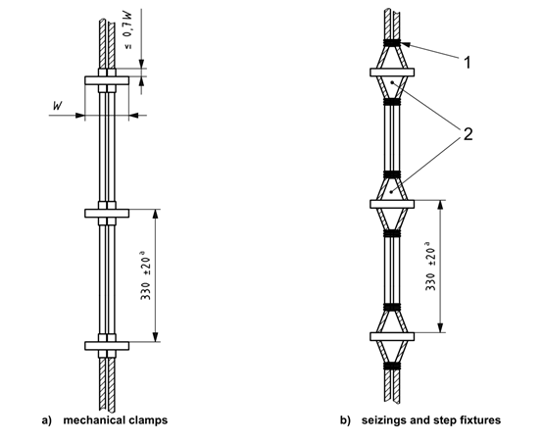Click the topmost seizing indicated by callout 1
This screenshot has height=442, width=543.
[x=392, y=43]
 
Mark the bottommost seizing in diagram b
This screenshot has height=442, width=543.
[x=392, y=367]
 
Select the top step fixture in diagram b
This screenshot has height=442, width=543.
[x=392, y=73]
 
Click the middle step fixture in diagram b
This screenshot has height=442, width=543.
[x=392, y=204]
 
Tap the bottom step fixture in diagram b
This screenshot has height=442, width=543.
[x=392, y=336]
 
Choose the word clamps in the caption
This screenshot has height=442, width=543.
[x=153, y=420]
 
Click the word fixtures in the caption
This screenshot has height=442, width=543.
[x=471, y=420]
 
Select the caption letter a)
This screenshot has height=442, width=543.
[x=46, y=420]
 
